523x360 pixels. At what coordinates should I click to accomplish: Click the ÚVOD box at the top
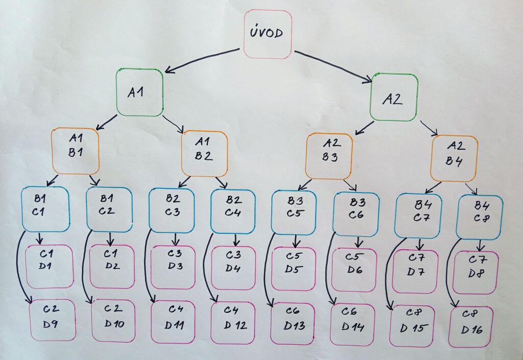coord(268,34)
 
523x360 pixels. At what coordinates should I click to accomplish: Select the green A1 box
coord(139,92)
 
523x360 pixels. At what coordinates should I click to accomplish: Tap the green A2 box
coord(394,98)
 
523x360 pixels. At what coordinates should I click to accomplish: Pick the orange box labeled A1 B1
coord(75,151)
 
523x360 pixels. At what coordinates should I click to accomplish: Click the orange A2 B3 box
coord(329,156)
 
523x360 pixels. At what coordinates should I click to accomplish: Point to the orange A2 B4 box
coord(454,158)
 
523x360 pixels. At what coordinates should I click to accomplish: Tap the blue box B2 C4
coord(233,211)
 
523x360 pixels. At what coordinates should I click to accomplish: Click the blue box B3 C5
coord(294,212)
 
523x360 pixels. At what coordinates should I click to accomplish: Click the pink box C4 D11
coord(173,322)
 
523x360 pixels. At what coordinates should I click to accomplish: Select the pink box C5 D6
coord(354,270)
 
